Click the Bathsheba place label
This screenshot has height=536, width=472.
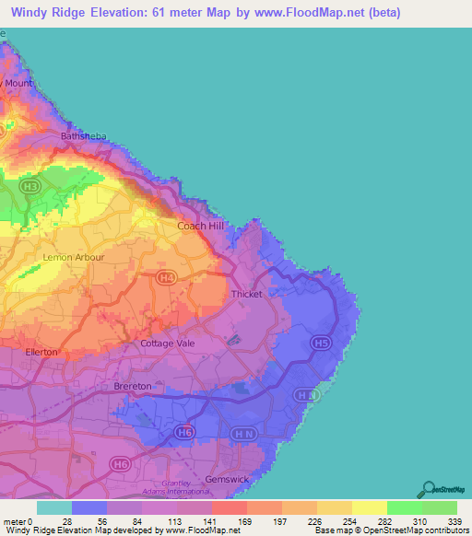click(x=83, y=136)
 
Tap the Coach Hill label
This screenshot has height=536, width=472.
click(x=198, y=225)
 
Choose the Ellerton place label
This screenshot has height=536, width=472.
click(x=42, y=352)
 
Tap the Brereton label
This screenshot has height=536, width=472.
click(x=132, y=386)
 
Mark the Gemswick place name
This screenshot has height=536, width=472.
click(x=227, y=480)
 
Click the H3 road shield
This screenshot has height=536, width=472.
click(x=32, y=186)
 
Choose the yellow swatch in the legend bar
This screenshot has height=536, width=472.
click(x=369, y=507)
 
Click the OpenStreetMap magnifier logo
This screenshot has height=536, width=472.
click(x=429, y=489)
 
